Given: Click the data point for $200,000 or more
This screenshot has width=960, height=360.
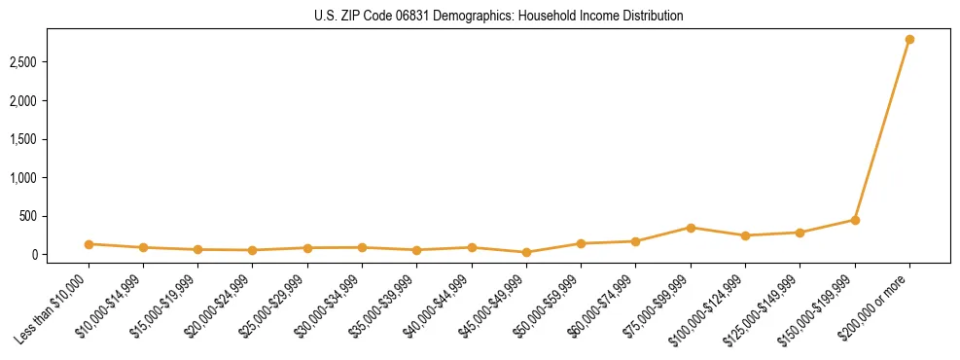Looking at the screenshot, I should point(909,40).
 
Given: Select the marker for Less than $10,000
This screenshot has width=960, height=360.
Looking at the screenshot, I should point(89,244).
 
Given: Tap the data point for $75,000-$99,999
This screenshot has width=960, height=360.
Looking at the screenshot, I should point(691,228).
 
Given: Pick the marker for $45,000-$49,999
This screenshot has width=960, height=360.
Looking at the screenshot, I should point(526,252).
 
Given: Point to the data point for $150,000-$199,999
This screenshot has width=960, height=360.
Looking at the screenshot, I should point(855,220).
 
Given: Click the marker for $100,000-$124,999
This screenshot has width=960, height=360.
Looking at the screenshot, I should point(745,235).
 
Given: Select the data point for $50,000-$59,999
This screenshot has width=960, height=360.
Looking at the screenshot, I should point(581,243).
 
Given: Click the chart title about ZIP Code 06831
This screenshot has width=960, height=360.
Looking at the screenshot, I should point(498,16).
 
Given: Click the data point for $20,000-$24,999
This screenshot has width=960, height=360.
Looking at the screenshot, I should point(253,250).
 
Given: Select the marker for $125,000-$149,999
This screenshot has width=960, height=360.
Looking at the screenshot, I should point(800,233).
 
